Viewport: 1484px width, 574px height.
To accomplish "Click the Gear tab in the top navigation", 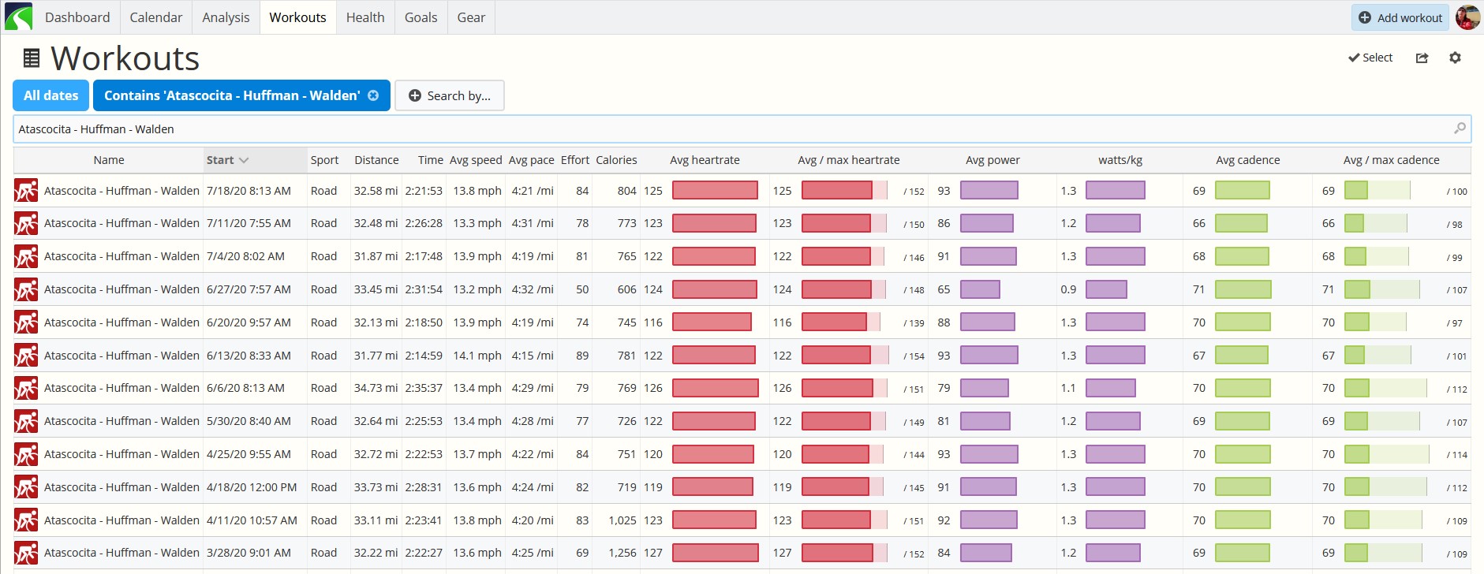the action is (x=471, y=17).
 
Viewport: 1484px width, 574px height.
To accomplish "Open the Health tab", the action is (x=365, y=17).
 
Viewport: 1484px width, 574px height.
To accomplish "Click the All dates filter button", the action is (x=51, y=95).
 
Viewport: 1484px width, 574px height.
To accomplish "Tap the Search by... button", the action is (x=450, y=95).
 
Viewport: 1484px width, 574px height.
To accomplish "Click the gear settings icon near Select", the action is (x=1455, y=58).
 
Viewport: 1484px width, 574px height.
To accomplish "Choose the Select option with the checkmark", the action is (x=1370, y=58).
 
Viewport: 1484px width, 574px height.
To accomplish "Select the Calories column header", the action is (x=616, y=160).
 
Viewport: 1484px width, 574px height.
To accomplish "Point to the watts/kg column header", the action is (x=1120, y=160).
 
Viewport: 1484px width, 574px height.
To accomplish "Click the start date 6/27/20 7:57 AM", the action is (x=249, y=289).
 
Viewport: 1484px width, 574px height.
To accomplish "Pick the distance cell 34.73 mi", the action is (x=376, y=388).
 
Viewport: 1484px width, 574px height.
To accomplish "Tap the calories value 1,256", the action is (x=622, y=553).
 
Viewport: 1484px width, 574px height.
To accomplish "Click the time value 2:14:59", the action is (x=424, y=356).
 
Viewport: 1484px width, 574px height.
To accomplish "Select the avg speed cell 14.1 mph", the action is (x=477, y=356).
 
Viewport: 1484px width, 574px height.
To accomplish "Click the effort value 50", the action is (x=582, y=289).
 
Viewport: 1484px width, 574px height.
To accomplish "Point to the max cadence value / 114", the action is (x=1457, y=455).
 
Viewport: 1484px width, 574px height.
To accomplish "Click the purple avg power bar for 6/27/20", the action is (x=980, y=289).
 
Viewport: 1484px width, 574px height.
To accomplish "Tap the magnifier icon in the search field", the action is (x=1460, y=129).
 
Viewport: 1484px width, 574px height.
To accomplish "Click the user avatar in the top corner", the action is (x=1467, y=17).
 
